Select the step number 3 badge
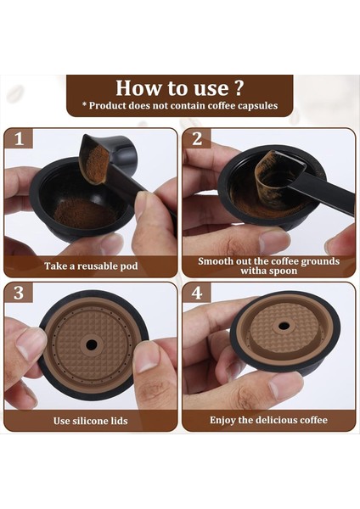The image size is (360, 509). [x=18, y=294]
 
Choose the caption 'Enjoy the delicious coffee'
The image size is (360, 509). [x=268, y=420]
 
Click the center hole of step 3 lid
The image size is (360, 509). [x=90, y=344]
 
